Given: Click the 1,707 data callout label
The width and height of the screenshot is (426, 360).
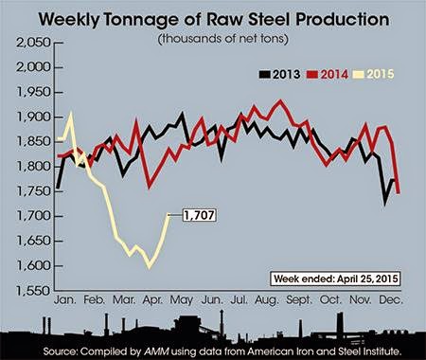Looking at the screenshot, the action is point(199,215).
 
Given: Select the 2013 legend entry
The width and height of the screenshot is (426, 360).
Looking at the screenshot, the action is point(279,75).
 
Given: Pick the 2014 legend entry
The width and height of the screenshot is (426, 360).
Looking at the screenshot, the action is point(328,75).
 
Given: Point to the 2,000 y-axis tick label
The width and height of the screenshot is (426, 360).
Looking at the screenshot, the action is point(33,67).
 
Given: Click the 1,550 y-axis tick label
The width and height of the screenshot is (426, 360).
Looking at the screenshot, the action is point(33,291).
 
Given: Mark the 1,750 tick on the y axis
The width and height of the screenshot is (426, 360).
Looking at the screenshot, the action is point(33,191).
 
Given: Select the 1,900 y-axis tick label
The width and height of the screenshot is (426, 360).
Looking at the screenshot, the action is point(33,117).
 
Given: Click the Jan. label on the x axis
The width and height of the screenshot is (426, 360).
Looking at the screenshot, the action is point(65,299).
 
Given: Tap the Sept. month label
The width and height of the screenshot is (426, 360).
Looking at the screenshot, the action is point(299,300).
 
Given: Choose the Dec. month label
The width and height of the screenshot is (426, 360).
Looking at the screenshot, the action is point(391,299).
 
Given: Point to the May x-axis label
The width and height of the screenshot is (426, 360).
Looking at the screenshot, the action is point(181,300).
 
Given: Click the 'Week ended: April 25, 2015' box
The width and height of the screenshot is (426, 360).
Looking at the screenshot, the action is point(335,279).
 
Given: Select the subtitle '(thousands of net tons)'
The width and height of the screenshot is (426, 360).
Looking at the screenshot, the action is point(223,39).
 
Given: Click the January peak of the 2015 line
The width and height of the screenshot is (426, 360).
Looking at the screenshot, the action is point(71,114).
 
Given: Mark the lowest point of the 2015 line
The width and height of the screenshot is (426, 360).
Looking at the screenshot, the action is point(150,267).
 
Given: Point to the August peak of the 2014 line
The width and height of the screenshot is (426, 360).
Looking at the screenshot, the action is point(279,101).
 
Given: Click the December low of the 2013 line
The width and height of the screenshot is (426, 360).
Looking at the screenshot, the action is point(385,203).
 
